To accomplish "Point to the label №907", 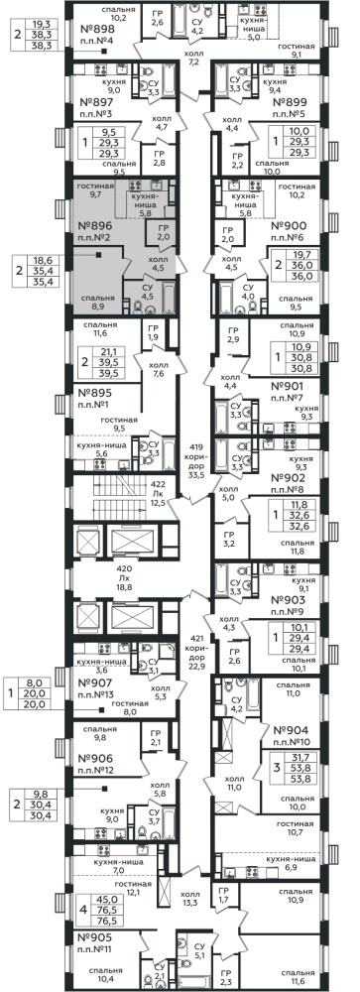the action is [94, 683].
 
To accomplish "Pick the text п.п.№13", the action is [94, 694].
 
